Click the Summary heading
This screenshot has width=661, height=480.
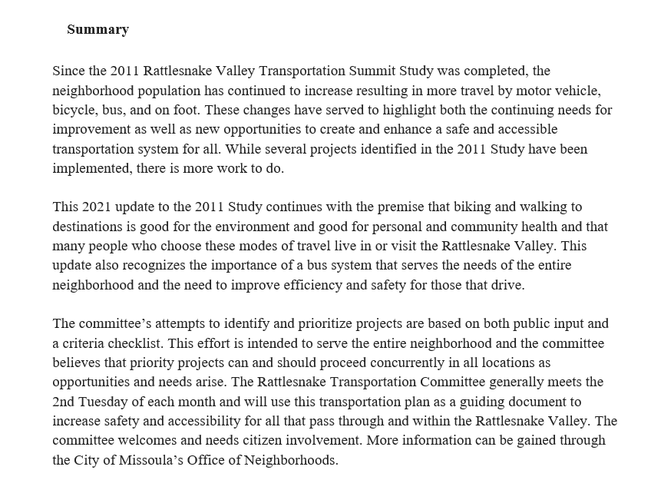click(x=97, y=30)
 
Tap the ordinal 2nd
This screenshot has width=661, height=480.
click(x=66, y=402)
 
